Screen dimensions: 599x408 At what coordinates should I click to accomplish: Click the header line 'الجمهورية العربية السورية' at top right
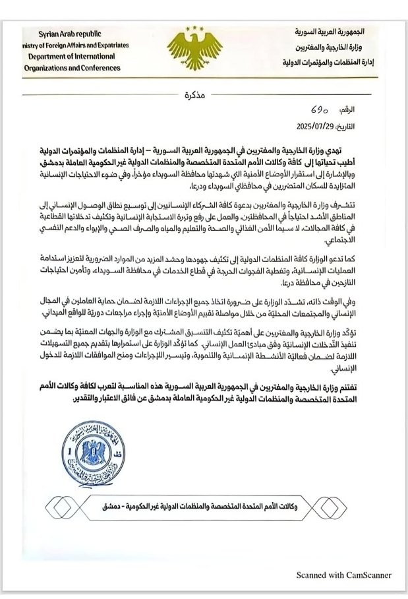pyautogui.click(x=338, y=31)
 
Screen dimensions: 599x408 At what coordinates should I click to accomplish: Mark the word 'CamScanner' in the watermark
pyautogui.click(x=367, y=575)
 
